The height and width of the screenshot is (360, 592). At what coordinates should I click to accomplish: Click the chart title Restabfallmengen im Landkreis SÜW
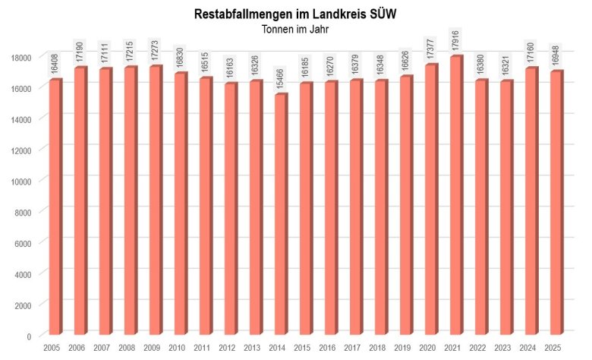tap(295, 14)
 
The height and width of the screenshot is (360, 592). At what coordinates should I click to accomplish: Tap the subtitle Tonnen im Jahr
tap(295, 30)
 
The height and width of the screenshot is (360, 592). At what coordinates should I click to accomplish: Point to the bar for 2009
tap(155, 201)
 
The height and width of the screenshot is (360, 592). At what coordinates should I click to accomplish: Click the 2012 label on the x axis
tap(227, 348)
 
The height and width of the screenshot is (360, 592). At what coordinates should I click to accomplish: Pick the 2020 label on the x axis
tap(427, 348)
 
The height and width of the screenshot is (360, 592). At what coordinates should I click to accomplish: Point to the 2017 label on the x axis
tap(352, 348)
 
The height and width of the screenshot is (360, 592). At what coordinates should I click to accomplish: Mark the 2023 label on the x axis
tap(502, 348)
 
